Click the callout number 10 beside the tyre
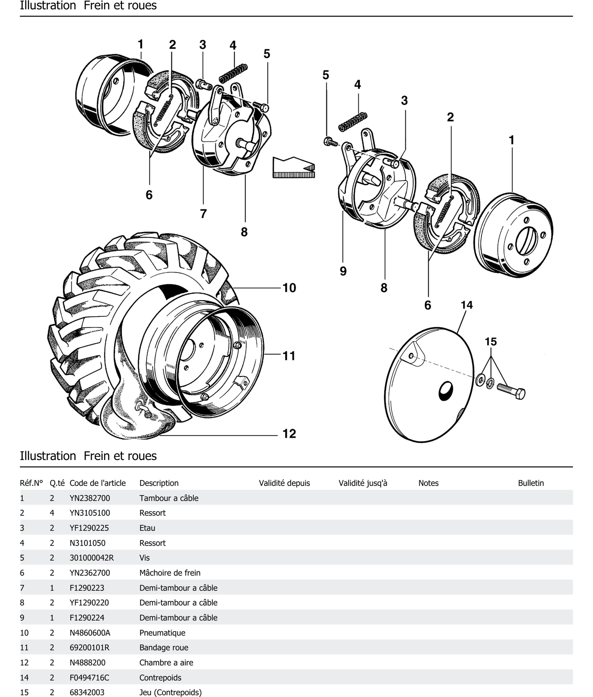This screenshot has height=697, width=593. tap(289, 288)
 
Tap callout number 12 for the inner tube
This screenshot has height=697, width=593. tap(289, 434)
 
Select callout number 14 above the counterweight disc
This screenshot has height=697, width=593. tap(466, 305)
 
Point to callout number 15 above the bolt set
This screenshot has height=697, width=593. tap(491, 342)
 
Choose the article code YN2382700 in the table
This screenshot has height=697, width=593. tap(90, 498)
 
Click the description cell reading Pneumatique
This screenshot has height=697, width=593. tap(162, 633)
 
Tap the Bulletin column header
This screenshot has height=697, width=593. tap(531, 483)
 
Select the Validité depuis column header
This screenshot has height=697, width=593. tap(284, 483)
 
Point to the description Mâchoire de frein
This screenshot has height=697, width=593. tap(170, 573)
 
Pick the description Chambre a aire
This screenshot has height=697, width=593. tap(166, 663)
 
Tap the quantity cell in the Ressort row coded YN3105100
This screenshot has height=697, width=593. tap(52, 513)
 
